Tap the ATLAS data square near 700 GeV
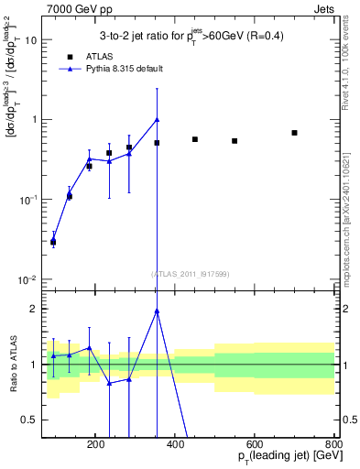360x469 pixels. tap(294, 133)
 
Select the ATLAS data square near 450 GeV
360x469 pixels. tap(195, 139)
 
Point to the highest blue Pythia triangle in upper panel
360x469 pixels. tap(158, 119)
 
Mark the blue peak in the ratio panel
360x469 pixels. tap(158, 311)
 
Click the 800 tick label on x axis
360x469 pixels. tap(333, 444)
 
